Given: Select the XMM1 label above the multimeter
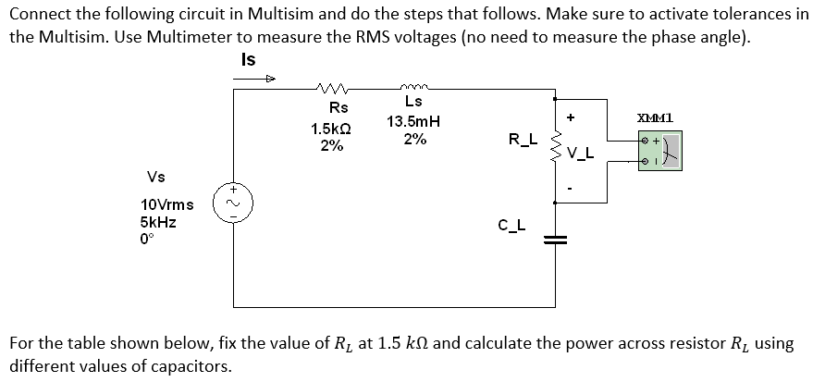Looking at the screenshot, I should coord(655,117).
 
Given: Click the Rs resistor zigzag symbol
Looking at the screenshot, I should coord(331,90).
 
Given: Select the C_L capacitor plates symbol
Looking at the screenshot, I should coord(555,238).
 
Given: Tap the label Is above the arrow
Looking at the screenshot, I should coord(247,59).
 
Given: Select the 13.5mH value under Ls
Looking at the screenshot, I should coord(413,121).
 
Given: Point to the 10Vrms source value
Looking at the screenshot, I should coord(167,203).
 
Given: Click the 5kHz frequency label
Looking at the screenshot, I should coord(160,222).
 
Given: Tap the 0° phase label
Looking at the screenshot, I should coord(148,240).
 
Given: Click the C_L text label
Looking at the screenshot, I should coord(512,223).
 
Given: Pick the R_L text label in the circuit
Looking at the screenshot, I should coord(523,140).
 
